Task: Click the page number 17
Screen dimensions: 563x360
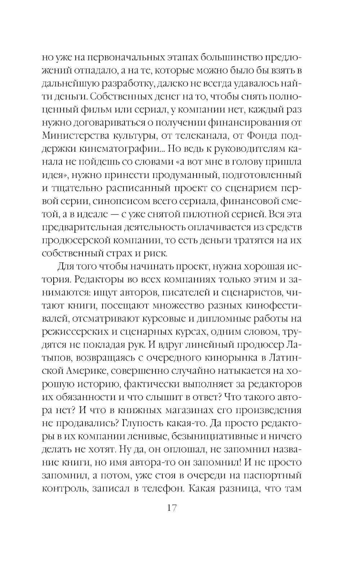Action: click(171, 508)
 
